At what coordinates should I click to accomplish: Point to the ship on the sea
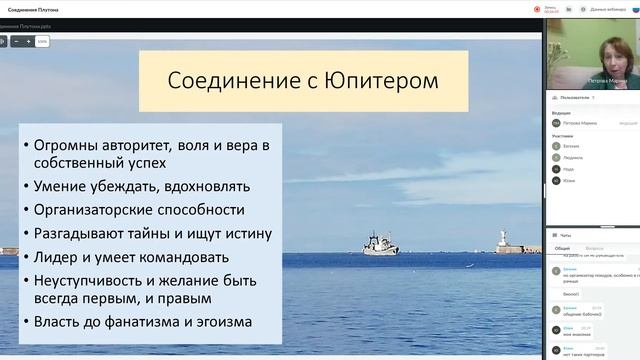(380, 244)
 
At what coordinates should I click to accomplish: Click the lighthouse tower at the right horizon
(503, 241)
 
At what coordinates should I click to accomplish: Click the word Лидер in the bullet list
(57, 256)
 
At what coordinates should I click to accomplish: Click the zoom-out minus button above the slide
(16, 42)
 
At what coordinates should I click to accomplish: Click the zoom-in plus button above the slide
(29, 42)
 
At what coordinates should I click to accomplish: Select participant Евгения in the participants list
(570, 145)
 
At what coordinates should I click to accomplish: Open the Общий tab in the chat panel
(563, 247)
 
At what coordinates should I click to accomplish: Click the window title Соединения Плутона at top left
(32, 8)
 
